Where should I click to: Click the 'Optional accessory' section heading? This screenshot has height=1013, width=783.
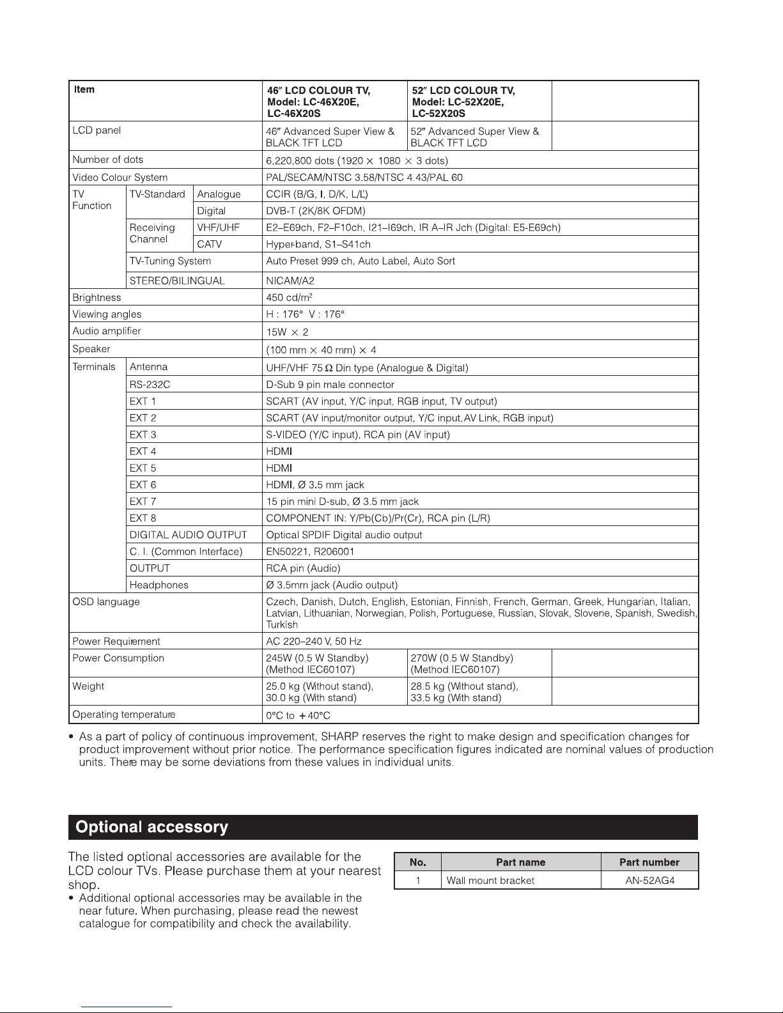pos(151,827)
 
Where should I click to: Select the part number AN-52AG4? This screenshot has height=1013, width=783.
pos(649,880)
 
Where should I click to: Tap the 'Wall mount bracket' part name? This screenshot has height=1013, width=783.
pos(490,880)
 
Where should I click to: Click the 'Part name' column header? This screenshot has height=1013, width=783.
pos(520,862)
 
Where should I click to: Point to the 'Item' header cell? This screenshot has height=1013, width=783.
pos(84,89)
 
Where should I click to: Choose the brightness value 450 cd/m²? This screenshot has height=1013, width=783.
pos(289,297)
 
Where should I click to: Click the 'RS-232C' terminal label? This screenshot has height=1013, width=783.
pos(150,385)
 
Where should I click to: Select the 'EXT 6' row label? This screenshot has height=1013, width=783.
pos(143,484)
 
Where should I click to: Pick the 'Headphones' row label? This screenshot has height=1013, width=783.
pos(159,585)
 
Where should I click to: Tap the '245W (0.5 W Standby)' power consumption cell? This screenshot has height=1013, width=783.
pos(317,663)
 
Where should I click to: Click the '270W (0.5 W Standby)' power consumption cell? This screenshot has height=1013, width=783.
pos(461,663)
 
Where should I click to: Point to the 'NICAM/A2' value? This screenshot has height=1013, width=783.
pos(290,281)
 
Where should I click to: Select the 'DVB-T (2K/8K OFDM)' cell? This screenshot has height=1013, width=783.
pos(316,211)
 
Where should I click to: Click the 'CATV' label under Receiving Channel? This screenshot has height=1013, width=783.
pos(209,244)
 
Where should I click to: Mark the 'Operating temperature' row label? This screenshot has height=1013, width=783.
pos(123,715)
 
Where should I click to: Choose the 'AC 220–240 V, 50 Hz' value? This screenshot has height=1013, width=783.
pos(314,641)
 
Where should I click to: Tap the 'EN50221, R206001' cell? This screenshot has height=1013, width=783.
pos(310,552)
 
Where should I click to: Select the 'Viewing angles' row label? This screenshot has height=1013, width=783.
pos(107,314)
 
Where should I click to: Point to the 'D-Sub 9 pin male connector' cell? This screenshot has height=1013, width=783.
pos(330,385)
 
